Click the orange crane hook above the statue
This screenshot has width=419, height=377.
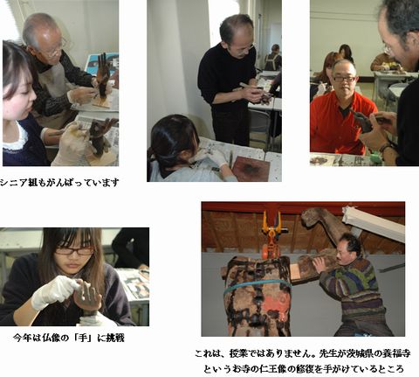pyautogui.click(x=271, y=234)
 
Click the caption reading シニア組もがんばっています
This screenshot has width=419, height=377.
pyautogui.click(x=59, y=183)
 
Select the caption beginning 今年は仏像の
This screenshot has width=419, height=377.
pyautogui.click(x=69, y=338)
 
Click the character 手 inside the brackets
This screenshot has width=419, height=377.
pyautogui.click(x=83, y=338)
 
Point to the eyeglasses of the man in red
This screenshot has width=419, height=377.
pyautogui.click(x=344, y=79)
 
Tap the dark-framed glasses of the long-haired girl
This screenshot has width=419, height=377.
pyautogui.click(x=74, y=251)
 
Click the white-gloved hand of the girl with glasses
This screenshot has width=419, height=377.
pyautogui.click(x=54, y=291)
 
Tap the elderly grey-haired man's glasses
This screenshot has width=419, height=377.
pyautogui.click(x=57, y=50)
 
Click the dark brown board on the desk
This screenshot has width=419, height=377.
pyautogui.click(x=252, y=169)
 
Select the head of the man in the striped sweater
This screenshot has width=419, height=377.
pyautogui.click(x=348, y=248)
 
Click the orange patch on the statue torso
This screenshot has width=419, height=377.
pyautogui.click(x=272, y=304)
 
